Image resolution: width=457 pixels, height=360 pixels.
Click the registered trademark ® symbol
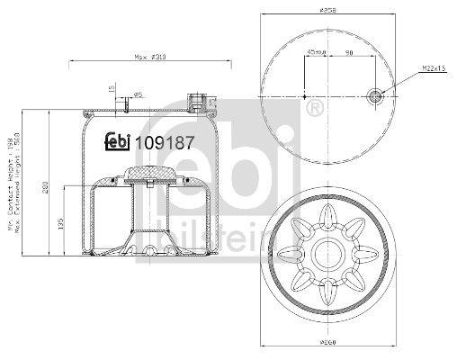coord(314,110)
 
